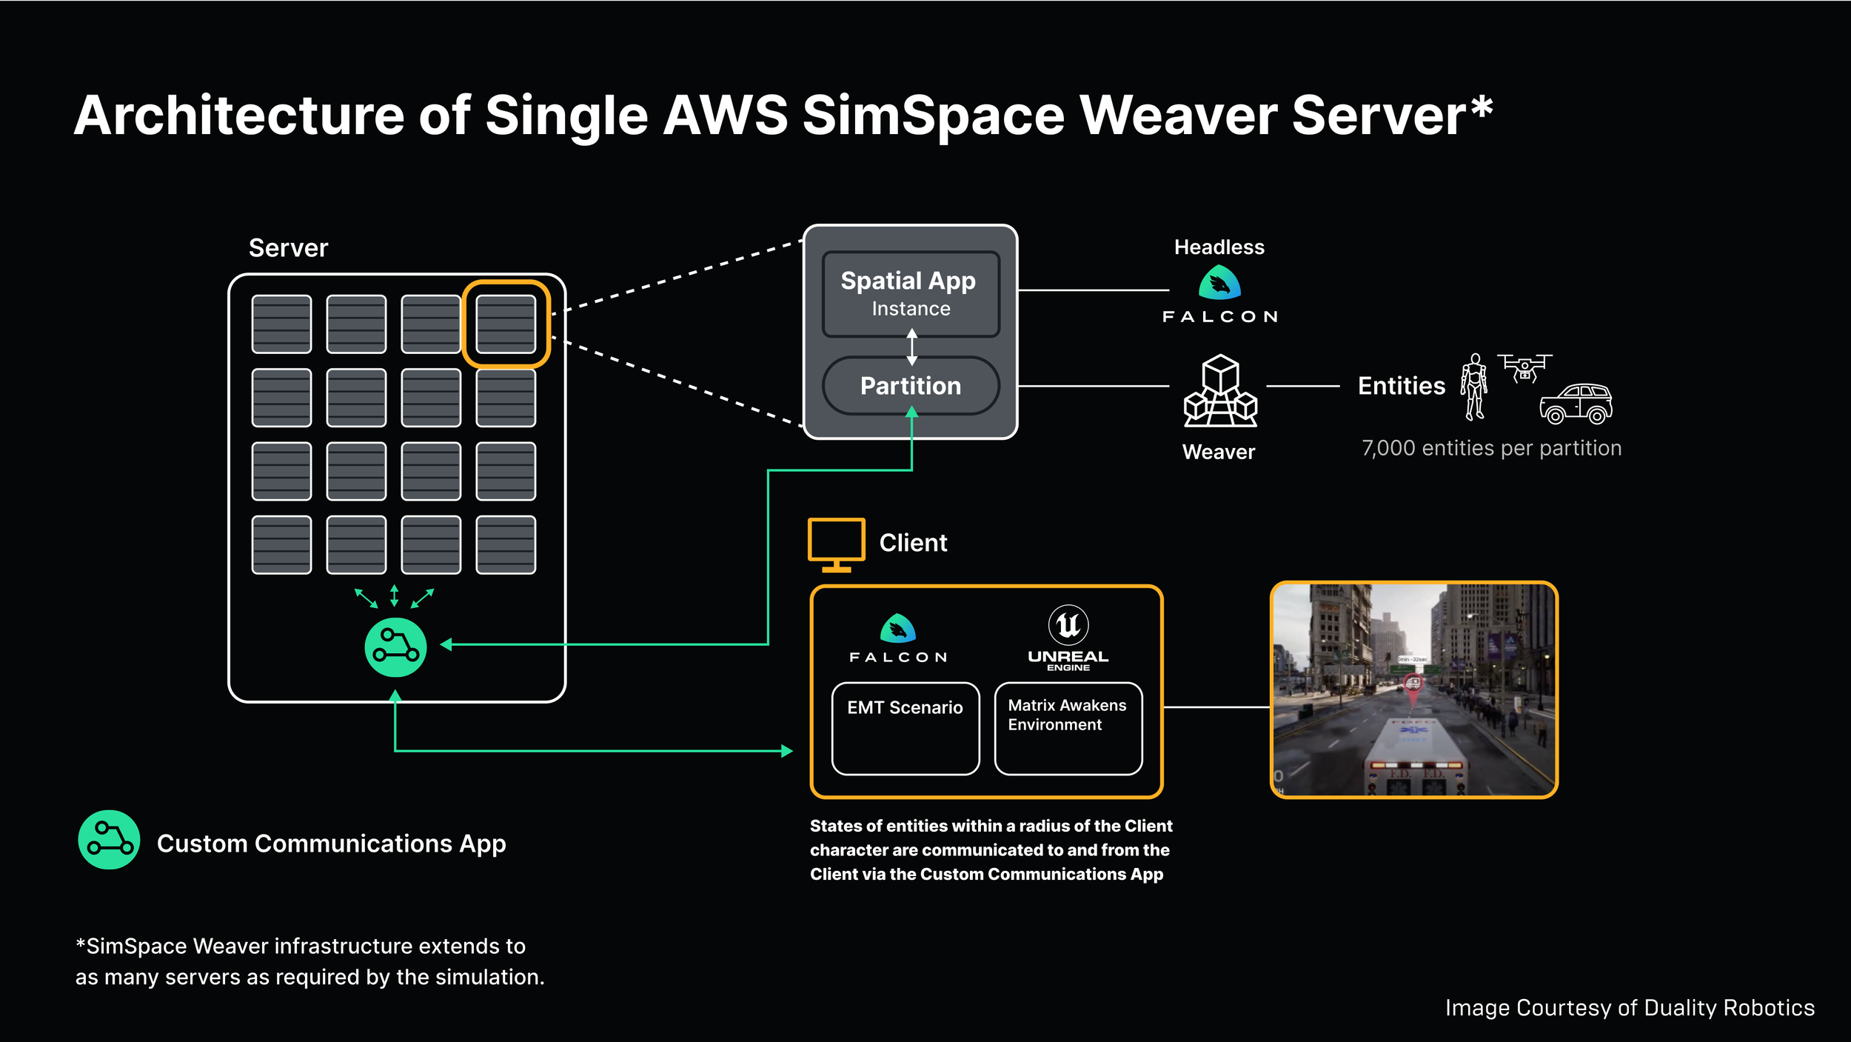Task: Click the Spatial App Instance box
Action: tap(911, 294)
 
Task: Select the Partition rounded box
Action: tap(911, 386)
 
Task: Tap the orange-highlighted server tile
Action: tap(506, 324)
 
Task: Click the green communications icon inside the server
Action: tap(395, 647)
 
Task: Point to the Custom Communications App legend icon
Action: tap(109, 839)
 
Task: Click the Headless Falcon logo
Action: tap(1219, 284)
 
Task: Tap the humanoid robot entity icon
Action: tap(1473, 386)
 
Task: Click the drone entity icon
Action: tap(1524, 367)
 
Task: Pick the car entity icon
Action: tap(1576, 404)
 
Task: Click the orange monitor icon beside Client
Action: tap(836, 544)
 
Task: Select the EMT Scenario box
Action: tap(905, 729)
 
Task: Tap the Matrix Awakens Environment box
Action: tap(1068, 729)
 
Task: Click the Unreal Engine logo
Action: tap(1068, 638)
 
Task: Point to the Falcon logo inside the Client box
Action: tap(898, 638)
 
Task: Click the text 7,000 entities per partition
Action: tap(1491, 448)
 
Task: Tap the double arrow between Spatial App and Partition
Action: tap(911, 347)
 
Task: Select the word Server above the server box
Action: tap(288, 248)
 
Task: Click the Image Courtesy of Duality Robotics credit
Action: tap(1630, 1008)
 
